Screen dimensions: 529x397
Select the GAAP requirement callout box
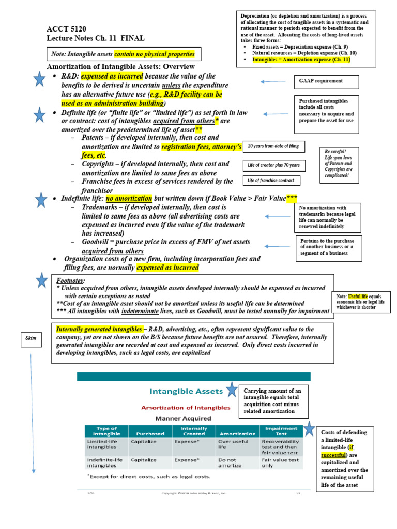coord(320,81)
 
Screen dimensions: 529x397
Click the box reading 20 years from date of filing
coord(273,146)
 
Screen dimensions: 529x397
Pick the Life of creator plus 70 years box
coord(273,165)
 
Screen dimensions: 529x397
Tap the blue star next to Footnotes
coord(41,281)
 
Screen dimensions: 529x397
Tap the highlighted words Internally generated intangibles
coord(98,329)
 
